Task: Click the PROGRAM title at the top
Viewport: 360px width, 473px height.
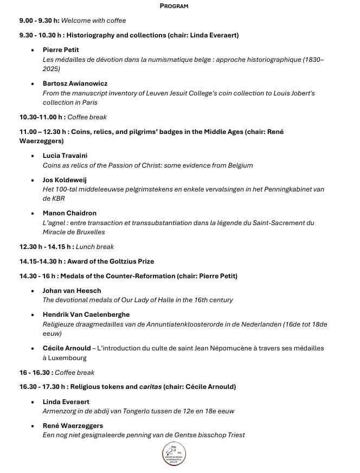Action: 174,6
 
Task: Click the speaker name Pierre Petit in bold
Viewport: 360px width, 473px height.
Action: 61,50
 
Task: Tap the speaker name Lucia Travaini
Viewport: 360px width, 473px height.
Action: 64,156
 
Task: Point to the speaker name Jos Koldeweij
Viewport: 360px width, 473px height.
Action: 64,180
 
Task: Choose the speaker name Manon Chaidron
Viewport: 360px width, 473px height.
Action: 69,213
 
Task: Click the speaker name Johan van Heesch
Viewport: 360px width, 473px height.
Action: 72,290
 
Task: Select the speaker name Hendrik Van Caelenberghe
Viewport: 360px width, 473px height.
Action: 86,314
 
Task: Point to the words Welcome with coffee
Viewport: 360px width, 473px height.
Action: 93,21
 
